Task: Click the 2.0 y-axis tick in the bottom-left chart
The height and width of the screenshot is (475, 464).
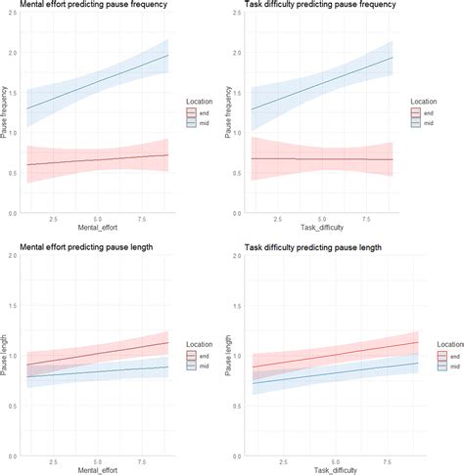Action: pos(15,256)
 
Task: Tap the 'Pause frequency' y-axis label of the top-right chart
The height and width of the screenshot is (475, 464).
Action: pos(231,116)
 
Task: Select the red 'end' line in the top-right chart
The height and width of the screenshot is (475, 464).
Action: pos(323,158)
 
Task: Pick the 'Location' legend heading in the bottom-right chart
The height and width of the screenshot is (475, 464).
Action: pos(438,345)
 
